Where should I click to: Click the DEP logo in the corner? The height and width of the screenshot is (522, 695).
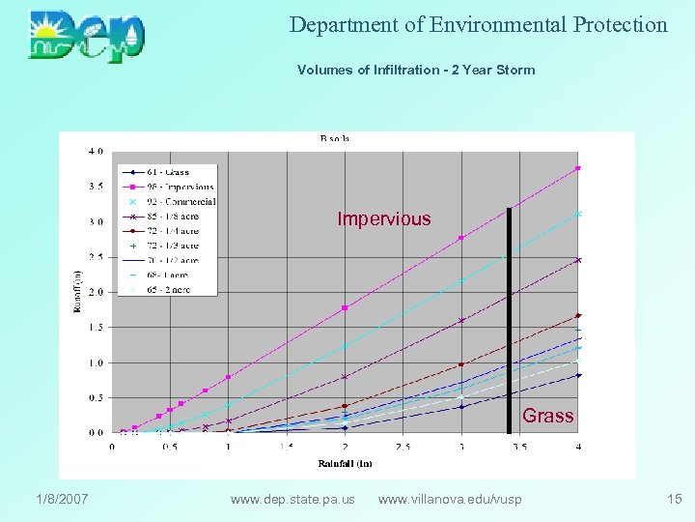[87, 36]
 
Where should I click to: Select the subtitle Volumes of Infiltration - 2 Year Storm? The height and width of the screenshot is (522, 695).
[415, 70]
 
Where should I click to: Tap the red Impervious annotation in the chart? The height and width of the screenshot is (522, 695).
[384, 219]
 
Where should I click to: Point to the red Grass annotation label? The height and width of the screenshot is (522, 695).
[548, 416]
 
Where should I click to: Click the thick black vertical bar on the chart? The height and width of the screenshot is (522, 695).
[509, 319]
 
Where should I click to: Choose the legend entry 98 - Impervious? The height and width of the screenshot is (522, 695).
[175, 187]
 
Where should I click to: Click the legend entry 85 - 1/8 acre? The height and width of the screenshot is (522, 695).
[174, 216]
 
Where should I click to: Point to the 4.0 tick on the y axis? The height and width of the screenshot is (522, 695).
[96, 151]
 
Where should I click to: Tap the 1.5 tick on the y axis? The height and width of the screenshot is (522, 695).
[96, 328]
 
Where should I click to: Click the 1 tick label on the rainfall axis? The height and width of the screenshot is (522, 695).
[228, 447]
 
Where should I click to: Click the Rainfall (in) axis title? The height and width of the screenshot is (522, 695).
[345, 464]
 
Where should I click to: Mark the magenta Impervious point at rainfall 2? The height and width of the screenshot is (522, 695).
[345, 307]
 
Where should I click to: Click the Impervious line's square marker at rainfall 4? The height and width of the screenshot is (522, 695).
[577, 168]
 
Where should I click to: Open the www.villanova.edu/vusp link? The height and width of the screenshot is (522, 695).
[450, 499]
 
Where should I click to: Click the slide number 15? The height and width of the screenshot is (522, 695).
[674, 499]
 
